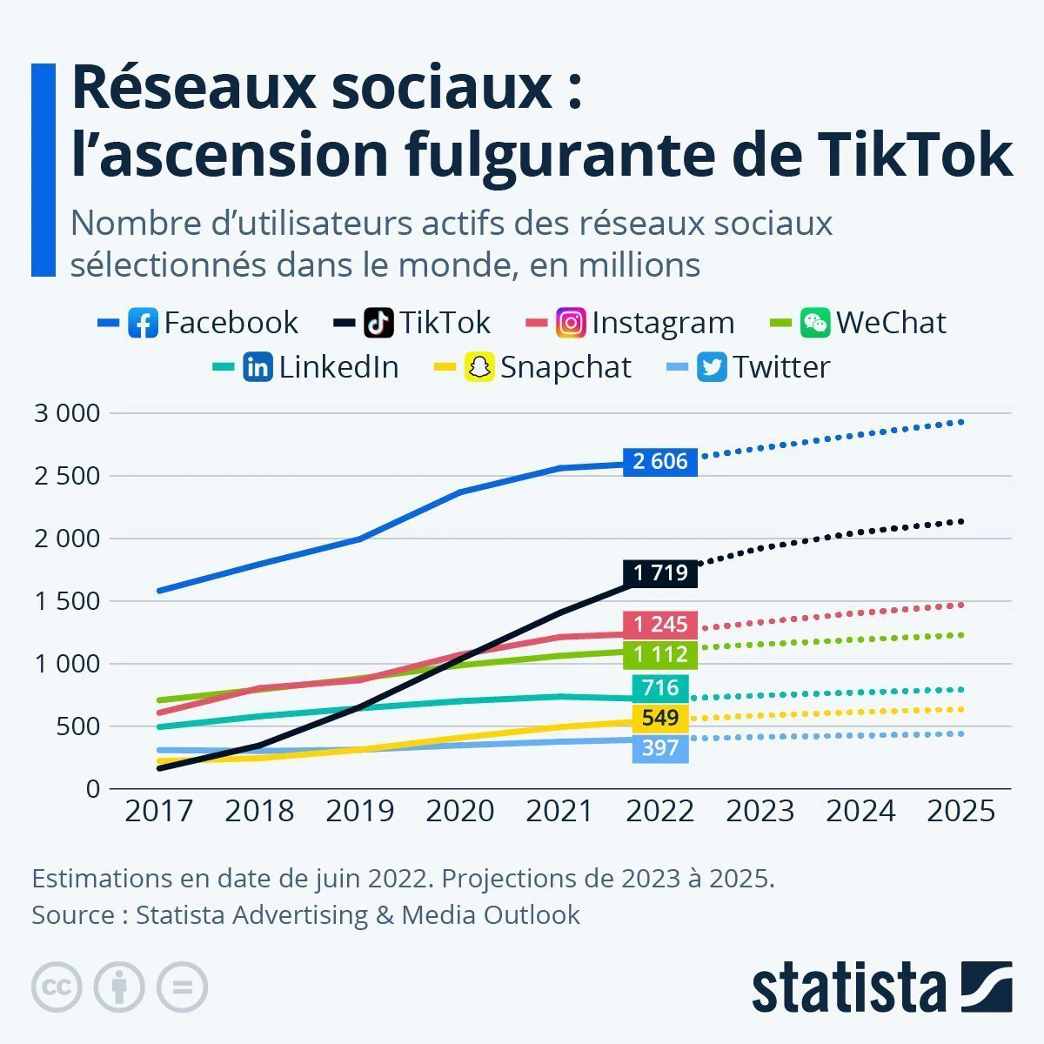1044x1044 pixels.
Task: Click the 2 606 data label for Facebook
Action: coord(660,461)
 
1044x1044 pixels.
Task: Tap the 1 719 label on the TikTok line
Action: coord(660,572)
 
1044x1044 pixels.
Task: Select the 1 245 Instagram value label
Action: coord(660,624)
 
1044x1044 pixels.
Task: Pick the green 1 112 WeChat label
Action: coord(660,654)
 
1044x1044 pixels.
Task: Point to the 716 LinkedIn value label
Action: coord(660,688)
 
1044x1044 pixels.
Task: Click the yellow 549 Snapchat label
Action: coord(660,718)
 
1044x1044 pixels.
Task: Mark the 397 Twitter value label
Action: coord(660,747)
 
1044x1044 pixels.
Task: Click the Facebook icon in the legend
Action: coord(143,323)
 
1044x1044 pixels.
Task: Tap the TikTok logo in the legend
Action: coord(378,323)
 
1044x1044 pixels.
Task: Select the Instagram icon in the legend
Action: coord(571,323)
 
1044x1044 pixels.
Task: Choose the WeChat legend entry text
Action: coord(891,323)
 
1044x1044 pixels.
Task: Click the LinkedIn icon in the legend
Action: coord(258,367)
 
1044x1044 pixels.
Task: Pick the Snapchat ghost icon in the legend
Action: coord(479,367)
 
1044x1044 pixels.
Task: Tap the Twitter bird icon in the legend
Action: coord(712,367)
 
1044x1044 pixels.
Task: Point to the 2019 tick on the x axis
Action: coord(359,811)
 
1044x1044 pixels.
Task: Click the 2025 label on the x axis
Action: coord(960,811)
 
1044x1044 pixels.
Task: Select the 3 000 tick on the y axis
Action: coord(67,413)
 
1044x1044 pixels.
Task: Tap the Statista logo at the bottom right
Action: coord(881,987)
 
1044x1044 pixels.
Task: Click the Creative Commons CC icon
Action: coord(57,987)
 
